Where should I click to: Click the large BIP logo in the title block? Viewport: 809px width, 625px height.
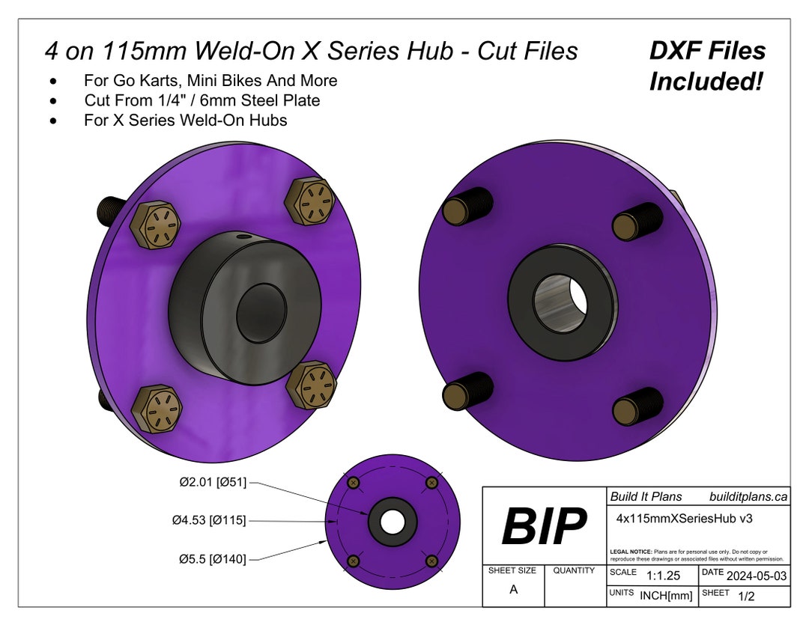point(544,526)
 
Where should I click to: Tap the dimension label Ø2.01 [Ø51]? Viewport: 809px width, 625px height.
point(212,482)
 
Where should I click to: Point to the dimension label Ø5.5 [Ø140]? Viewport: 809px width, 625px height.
point(212,558)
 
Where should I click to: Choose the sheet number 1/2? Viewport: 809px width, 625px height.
point(746,597)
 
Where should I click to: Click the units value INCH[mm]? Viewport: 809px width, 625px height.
point(665,596)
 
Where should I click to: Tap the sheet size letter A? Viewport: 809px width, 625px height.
point(513,589)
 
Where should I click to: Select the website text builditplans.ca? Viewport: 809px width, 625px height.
point(748,496)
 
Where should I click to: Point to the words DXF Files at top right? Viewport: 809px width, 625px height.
point(707,51)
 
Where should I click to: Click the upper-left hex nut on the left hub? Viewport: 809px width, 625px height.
point(157,224)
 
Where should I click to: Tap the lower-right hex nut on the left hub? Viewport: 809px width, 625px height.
point(311,385)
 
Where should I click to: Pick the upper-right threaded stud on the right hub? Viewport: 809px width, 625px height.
point(637,221)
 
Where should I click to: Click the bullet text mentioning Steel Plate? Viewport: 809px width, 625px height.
point(202,100)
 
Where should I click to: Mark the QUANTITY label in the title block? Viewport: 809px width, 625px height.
point(574,570)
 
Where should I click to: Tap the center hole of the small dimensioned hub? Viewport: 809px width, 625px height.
point(393,520)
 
